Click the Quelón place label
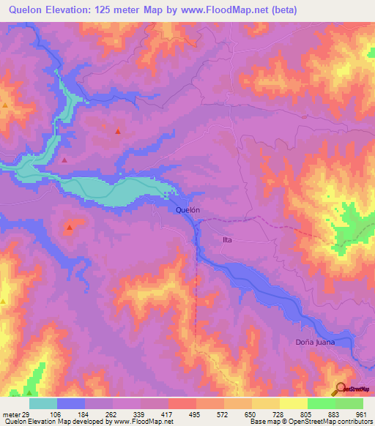(x=188, y=209)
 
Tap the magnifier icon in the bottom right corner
(x=342, y=389)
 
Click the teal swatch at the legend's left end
(x=43, y=403)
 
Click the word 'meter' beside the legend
(x=10, y=413)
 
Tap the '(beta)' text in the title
(x=307, y=10)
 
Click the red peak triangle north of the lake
(x=118, y=132)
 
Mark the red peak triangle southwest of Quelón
(x=70, y=228)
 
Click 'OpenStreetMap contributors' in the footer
(x=335, y=422)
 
